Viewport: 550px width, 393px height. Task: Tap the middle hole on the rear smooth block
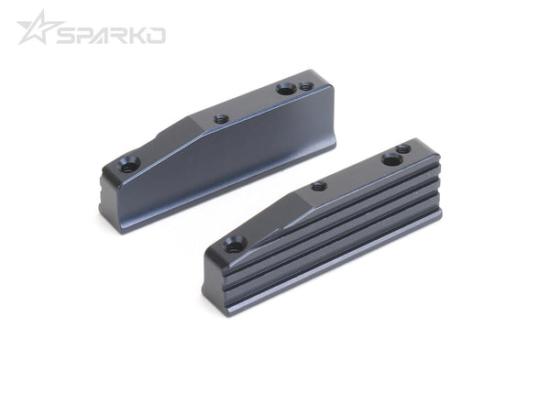pyautogui.click(x=220, y=118)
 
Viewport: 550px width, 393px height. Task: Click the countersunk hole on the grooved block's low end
pyautogui.click(x=234, y=245)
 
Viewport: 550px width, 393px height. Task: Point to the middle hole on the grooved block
pyautogui.click(x=318, y=186)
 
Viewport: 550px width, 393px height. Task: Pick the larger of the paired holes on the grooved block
pyautogui.click(x=391, y=159)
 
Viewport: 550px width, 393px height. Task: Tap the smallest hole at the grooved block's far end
pyautogui.click(x=403, y=148)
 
